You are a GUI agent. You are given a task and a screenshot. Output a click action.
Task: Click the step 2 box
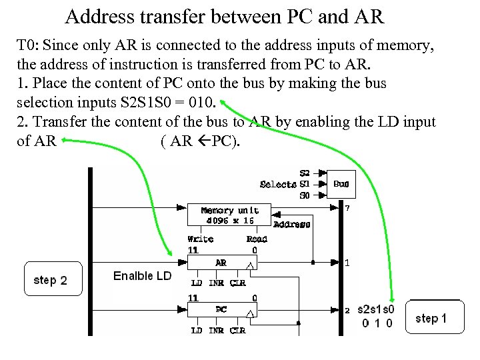click(50, 280)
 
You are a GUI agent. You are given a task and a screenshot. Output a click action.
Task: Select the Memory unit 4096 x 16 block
click(229, 215)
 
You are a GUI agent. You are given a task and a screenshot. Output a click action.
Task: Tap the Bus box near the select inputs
click(341, 184)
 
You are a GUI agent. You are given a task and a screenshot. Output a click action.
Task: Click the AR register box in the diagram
click(221, 263)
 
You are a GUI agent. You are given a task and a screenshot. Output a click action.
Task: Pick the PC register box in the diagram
click(221, 310)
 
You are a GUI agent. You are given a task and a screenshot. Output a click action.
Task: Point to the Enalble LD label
click(142, 276)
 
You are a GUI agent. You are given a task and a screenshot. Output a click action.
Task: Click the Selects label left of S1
click(278, 184)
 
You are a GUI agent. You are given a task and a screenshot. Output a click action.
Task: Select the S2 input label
click(305, 173)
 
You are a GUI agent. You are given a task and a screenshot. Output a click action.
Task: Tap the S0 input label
click(305, 195)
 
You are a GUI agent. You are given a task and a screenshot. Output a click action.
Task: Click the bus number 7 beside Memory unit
click(347, 208)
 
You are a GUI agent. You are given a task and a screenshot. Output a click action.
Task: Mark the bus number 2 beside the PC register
click(347, 310)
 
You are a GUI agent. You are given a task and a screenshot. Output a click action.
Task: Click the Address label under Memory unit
click(291, 225)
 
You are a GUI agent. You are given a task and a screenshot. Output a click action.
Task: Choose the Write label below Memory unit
click(200, 239)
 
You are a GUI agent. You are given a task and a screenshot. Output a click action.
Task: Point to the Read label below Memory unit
click(257, 239)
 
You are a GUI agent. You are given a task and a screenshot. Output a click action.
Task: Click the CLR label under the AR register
click(238, 283)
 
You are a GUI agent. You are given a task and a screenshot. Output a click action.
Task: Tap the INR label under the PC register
click(216, 330)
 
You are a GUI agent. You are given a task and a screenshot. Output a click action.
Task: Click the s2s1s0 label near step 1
click(376, 309)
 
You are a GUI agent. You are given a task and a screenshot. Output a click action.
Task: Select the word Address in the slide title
click(102, 15)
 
